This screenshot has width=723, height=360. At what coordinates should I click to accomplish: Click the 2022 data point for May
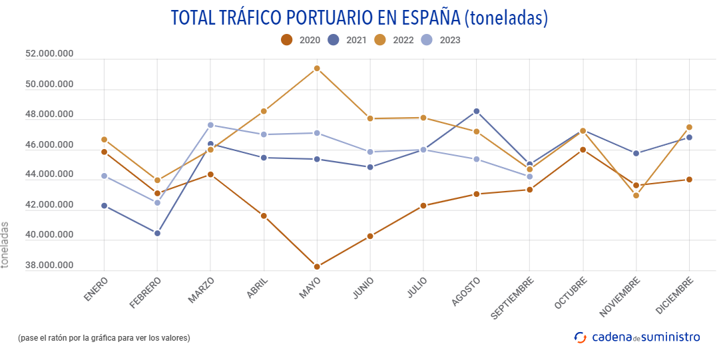click(317, 69)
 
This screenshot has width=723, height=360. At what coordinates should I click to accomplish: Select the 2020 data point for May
click(317, 267)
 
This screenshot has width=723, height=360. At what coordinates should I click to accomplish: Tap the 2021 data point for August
click(477, 111)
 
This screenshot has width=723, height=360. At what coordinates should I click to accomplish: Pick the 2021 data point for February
click(157, 233)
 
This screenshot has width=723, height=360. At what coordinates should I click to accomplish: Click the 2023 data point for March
click(210, 125)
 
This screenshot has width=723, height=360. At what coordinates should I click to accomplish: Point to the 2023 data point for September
click(530, 176)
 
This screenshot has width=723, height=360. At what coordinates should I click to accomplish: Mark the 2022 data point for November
click(636, 195)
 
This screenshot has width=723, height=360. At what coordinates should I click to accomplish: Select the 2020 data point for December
click(690, 180)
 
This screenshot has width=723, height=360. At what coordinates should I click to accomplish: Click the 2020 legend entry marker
click(287, 40)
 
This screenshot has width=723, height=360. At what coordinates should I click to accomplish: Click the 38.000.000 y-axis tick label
click(49, 266)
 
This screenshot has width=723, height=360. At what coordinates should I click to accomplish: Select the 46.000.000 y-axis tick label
click(49, 145)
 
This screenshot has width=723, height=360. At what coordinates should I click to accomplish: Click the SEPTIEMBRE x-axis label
click(512, 299)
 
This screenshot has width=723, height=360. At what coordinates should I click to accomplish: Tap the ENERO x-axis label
click(97, 290)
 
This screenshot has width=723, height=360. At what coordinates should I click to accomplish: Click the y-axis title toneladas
click(5, 244)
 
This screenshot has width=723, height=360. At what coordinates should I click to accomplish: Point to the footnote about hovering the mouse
click(104, 338)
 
